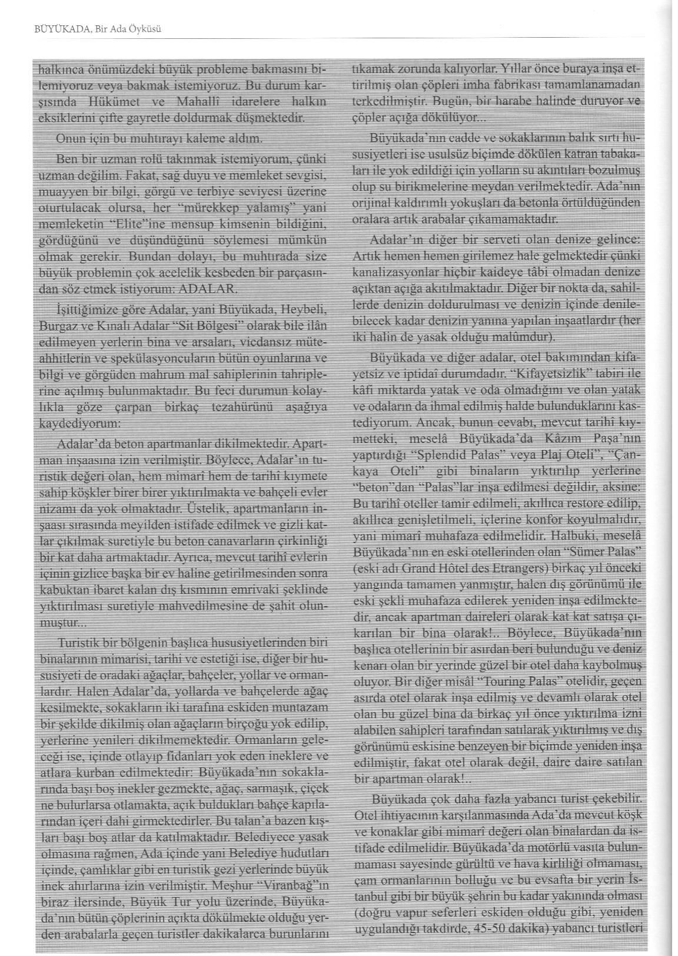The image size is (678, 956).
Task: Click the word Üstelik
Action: [205, 506]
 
